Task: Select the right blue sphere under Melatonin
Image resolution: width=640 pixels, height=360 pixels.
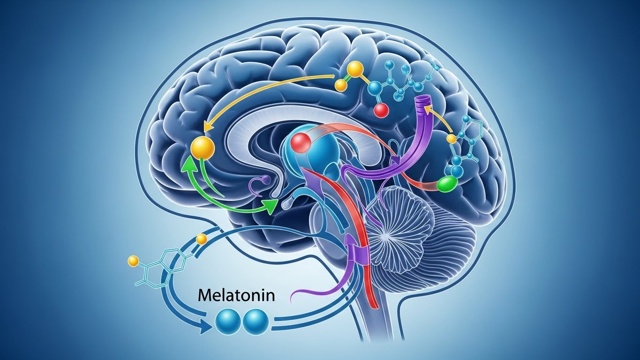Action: pos(256,322)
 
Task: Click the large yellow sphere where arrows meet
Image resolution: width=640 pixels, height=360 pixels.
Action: pos(203,148)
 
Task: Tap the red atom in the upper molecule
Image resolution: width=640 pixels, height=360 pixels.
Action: pos(382,110)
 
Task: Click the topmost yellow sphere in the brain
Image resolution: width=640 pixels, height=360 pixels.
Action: pos(354,70)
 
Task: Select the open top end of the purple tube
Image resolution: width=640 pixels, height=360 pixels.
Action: pos(423,100)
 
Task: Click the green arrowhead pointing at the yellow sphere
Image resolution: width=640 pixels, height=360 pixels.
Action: pos(188,166)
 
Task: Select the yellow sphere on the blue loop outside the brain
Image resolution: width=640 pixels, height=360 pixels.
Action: pos(201,240)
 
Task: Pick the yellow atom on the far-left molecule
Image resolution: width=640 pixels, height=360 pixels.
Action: pos(133,260)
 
